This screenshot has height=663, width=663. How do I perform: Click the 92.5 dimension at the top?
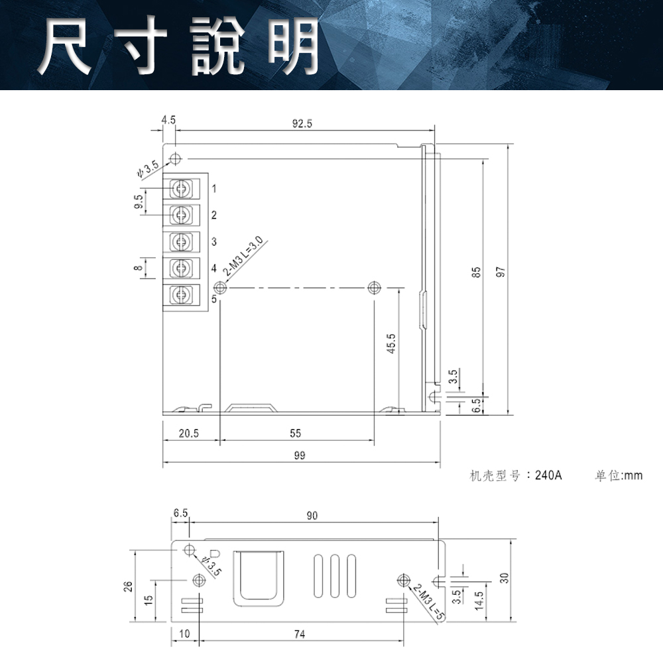[x=302, y=123]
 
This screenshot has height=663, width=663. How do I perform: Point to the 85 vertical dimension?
[x=476, y=272]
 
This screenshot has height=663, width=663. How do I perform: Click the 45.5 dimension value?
[x=392, y=344]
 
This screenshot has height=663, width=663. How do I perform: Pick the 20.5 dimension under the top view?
[x=188, y=434]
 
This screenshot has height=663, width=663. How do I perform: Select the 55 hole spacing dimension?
[x=296, y=434]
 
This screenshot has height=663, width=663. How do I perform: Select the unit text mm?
[x=633, y=475]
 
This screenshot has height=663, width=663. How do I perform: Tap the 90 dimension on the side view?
[x=312, y=516]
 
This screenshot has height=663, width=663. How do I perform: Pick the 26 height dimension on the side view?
[x=128, y=586]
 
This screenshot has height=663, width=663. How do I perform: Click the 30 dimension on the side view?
[x=504, y=578]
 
